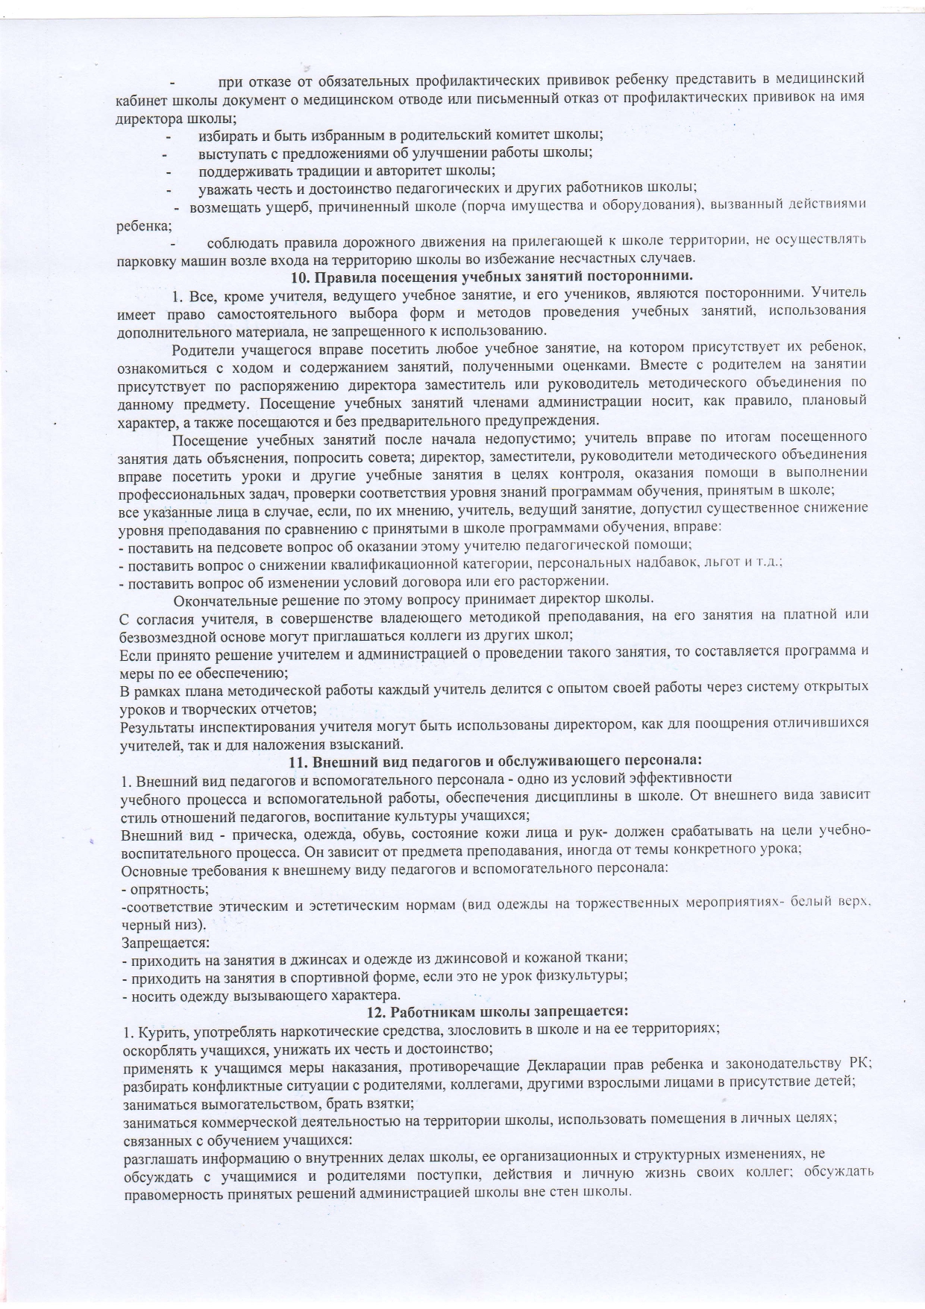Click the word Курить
154,1030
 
